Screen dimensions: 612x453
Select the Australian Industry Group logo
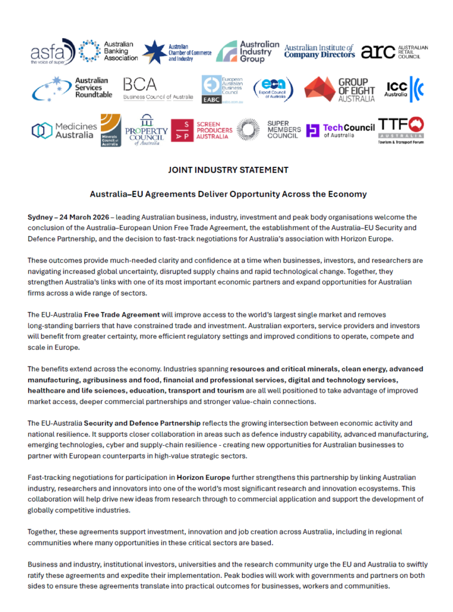pyautogui.click(x=247, y=51)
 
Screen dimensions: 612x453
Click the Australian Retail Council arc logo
pyautogui.click(x=394, y=51)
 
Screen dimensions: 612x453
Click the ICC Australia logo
pyautogui.click(x=404, y=89)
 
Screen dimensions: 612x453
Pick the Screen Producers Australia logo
pyautogui.click(x=201, y=130)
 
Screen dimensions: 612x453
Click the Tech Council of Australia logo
pyautogui.click(x=340, y=130)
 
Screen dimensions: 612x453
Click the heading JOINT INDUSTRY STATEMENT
pyautogui.click(x=228, y=170)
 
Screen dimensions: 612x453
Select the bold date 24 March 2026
pyautogui.click(x=84, y=217)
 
